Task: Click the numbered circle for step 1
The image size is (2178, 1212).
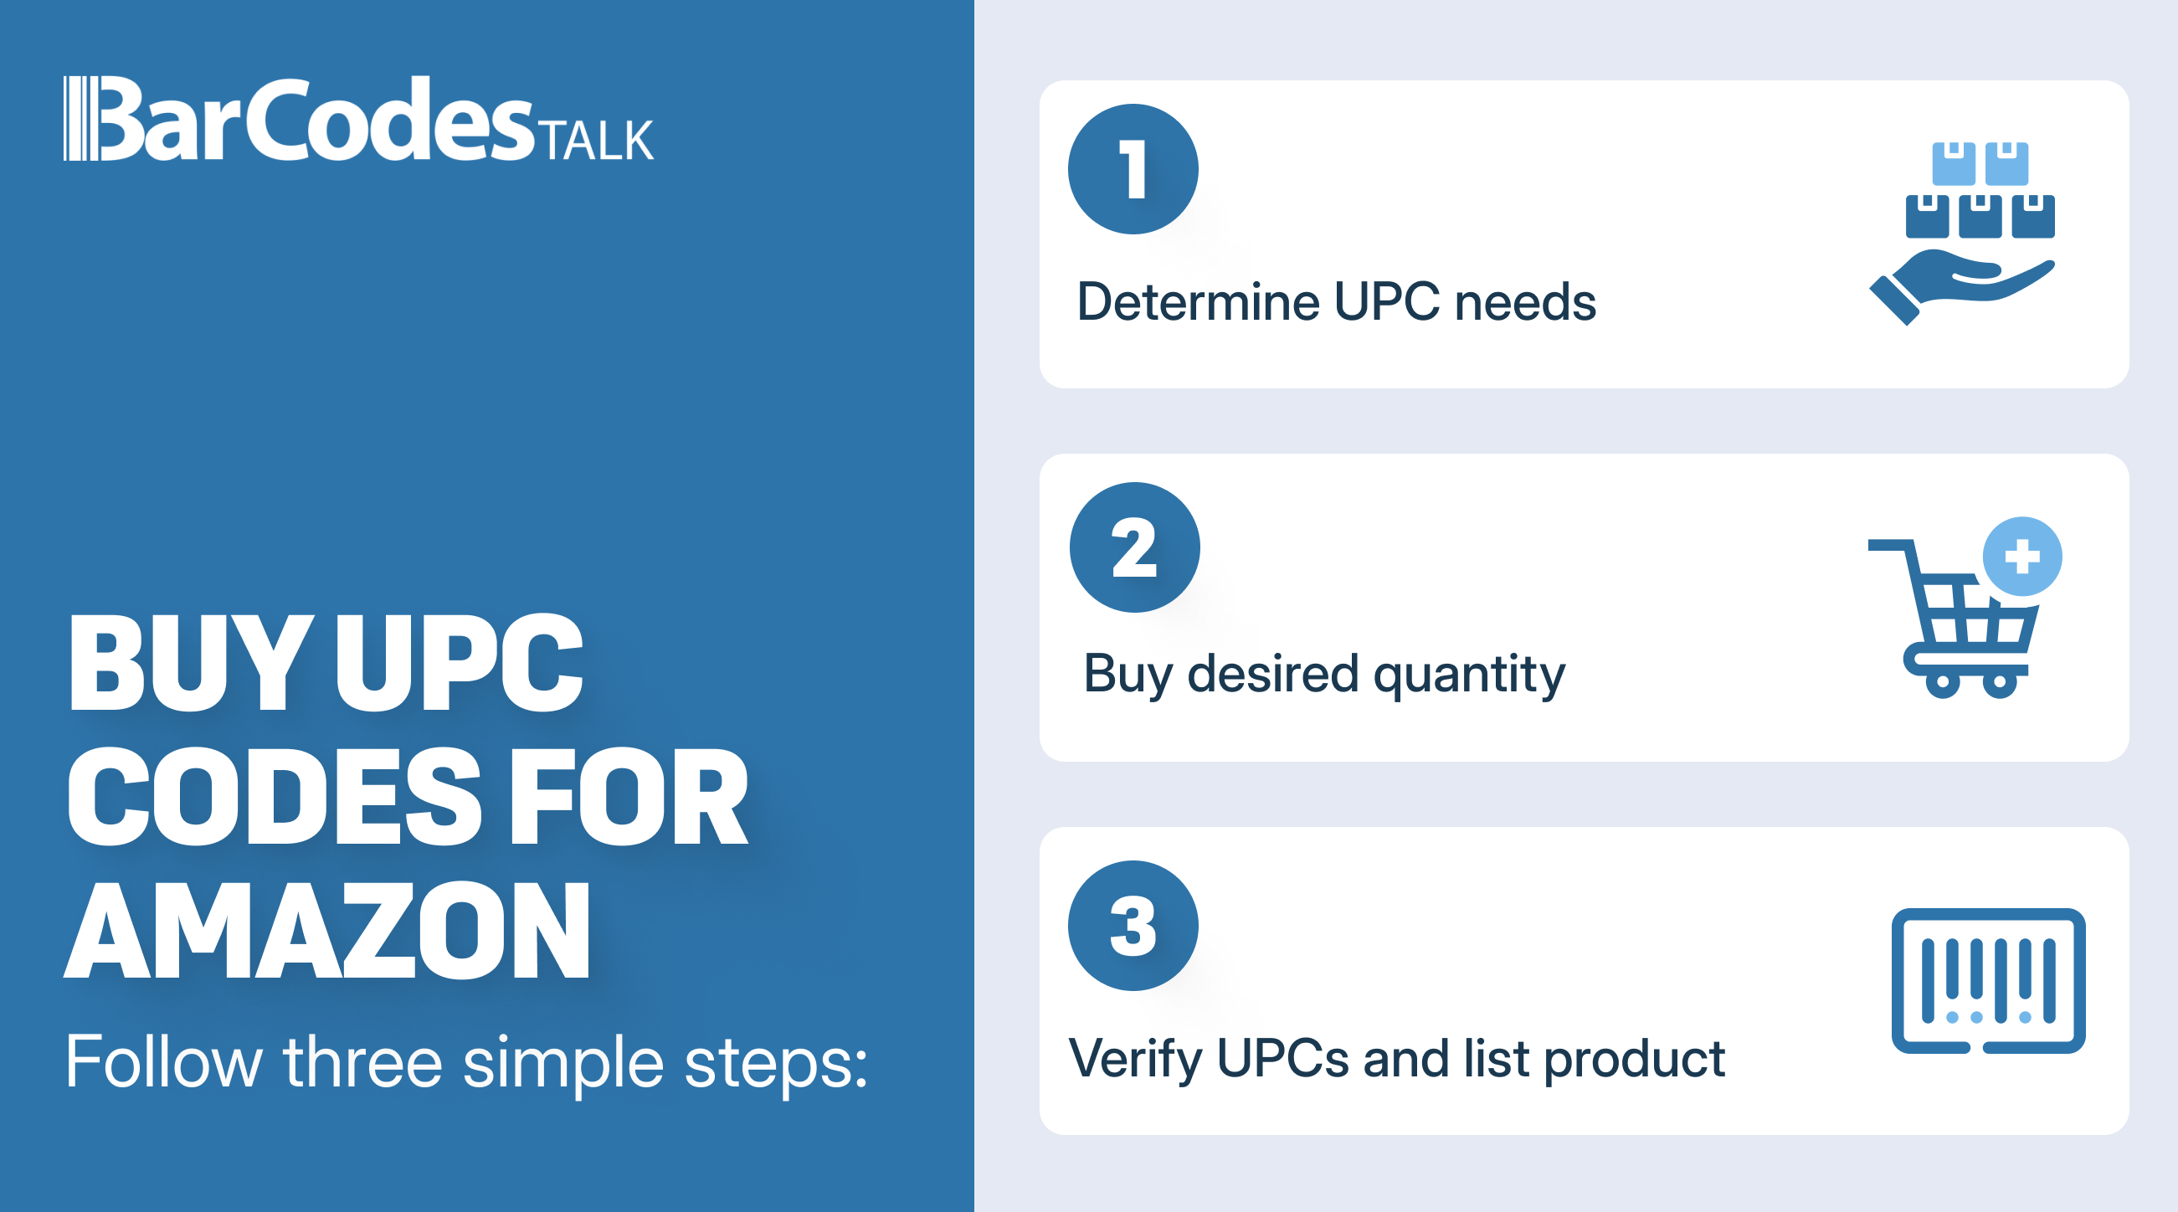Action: pos(1133,169)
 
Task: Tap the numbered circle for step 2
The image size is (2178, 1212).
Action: pos(1135,547)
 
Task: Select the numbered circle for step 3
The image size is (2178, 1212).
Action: pos(1133,926)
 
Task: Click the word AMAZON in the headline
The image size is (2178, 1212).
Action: pos(328,930)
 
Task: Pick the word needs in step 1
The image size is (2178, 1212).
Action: pos(1525,302)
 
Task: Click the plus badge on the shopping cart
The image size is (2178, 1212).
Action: pos(2022,556)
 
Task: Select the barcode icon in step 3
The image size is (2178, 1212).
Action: pos(1989,980)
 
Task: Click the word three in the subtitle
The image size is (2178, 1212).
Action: pos(362,1061)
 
